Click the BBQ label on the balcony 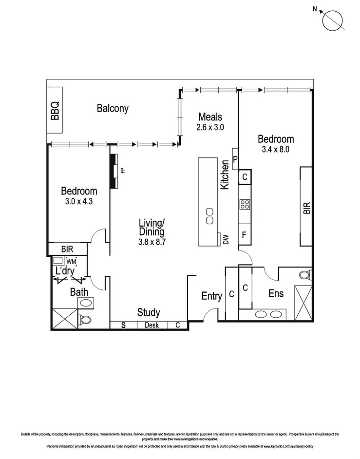pos(55,111)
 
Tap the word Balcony pos(113,108)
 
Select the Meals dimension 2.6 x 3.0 pos(210,128)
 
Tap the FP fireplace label pos(123,170)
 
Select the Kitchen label pos(225,175)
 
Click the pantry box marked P pos(235,159)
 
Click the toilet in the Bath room pos(86,320)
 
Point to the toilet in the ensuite pos(304,274)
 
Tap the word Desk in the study pos(152,325)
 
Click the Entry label pos(211,296)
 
